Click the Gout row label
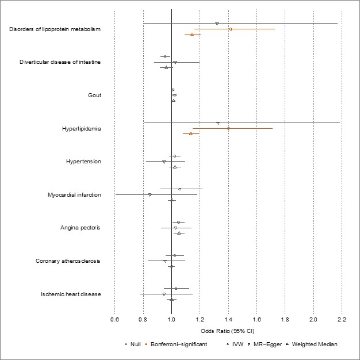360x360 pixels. tap(94, 95)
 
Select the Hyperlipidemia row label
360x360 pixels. tap(81, 128)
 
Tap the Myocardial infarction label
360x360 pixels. tap(74, 195)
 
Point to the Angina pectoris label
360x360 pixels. tap(81, 228)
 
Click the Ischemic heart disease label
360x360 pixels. tap(71, 294)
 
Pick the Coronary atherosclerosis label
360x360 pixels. tap(68, 261)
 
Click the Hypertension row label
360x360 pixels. tap(83, 162)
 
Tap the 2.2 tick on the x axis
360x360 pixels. tap(342, 319)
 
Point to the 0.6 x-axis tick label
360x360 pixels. tap(114, 319)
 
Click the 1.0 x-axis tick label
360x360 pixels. tap(171, 319)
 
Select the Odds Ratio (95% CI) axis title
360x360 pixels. tap(228, 331)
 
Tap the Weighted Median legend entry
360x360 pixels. tap(314, 344)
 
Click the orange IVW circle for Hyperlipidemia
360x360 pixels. tap(228, 128)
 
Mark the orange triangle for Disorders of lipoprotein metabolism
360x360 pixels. tap(192, 35)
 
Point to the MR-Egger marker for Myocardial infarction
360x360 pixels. tap(150, 195)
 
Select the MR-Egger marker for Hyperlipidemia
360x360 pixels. tap(218, 123)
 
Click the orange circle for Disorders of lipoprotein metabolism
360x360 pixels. tap(230, 29)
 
